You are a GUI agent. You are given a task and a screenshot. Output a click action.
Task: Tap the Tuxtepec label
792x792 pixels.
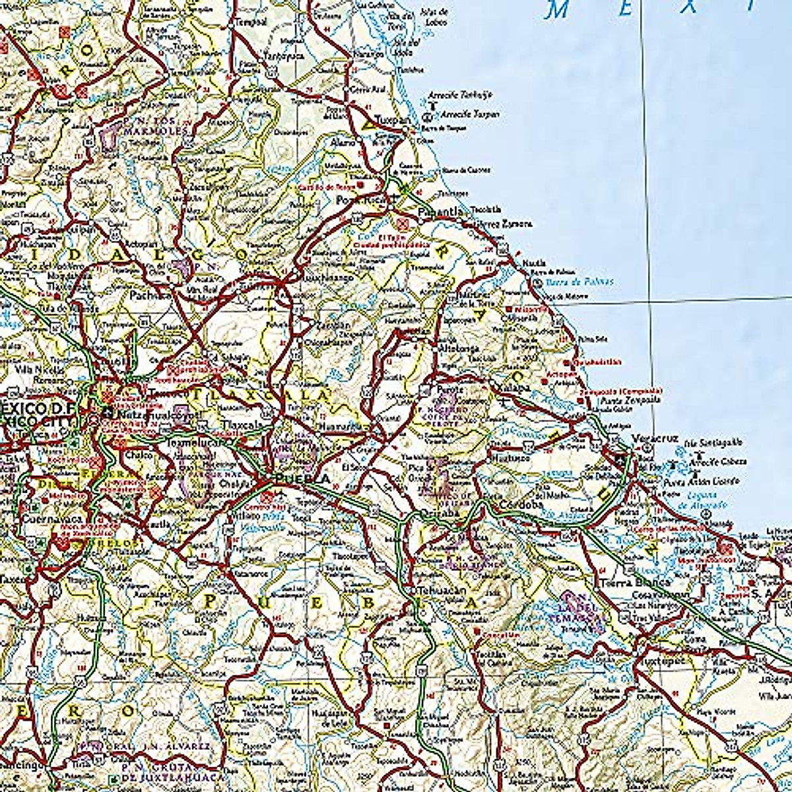point(661,659)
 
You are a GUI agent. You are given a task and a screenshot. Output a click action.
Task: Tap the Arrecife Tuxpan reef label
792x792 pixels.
point(470,114)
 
